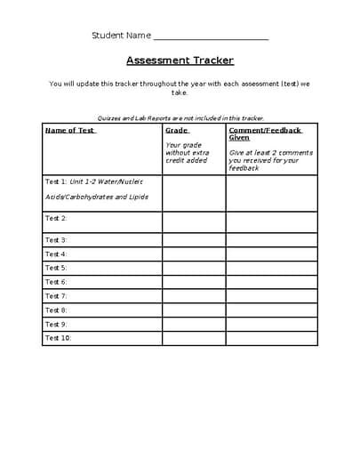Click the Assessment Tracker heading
180,60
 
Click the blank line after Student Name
211,36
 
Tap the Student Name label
122,36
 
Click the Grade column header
176,130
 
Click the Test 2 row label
56,218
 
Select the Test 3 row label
56,240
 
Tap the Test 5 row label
56,268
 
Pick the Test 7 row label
56,296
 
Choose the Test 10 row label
58,338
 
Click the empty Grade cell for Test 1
193,192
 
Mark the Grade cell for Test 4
193,254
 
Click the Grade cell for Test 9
193,324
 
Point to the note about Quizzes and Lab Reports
180,117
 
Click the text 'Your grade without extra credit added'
186,152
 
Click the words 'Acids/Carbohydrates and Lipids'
96,197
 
